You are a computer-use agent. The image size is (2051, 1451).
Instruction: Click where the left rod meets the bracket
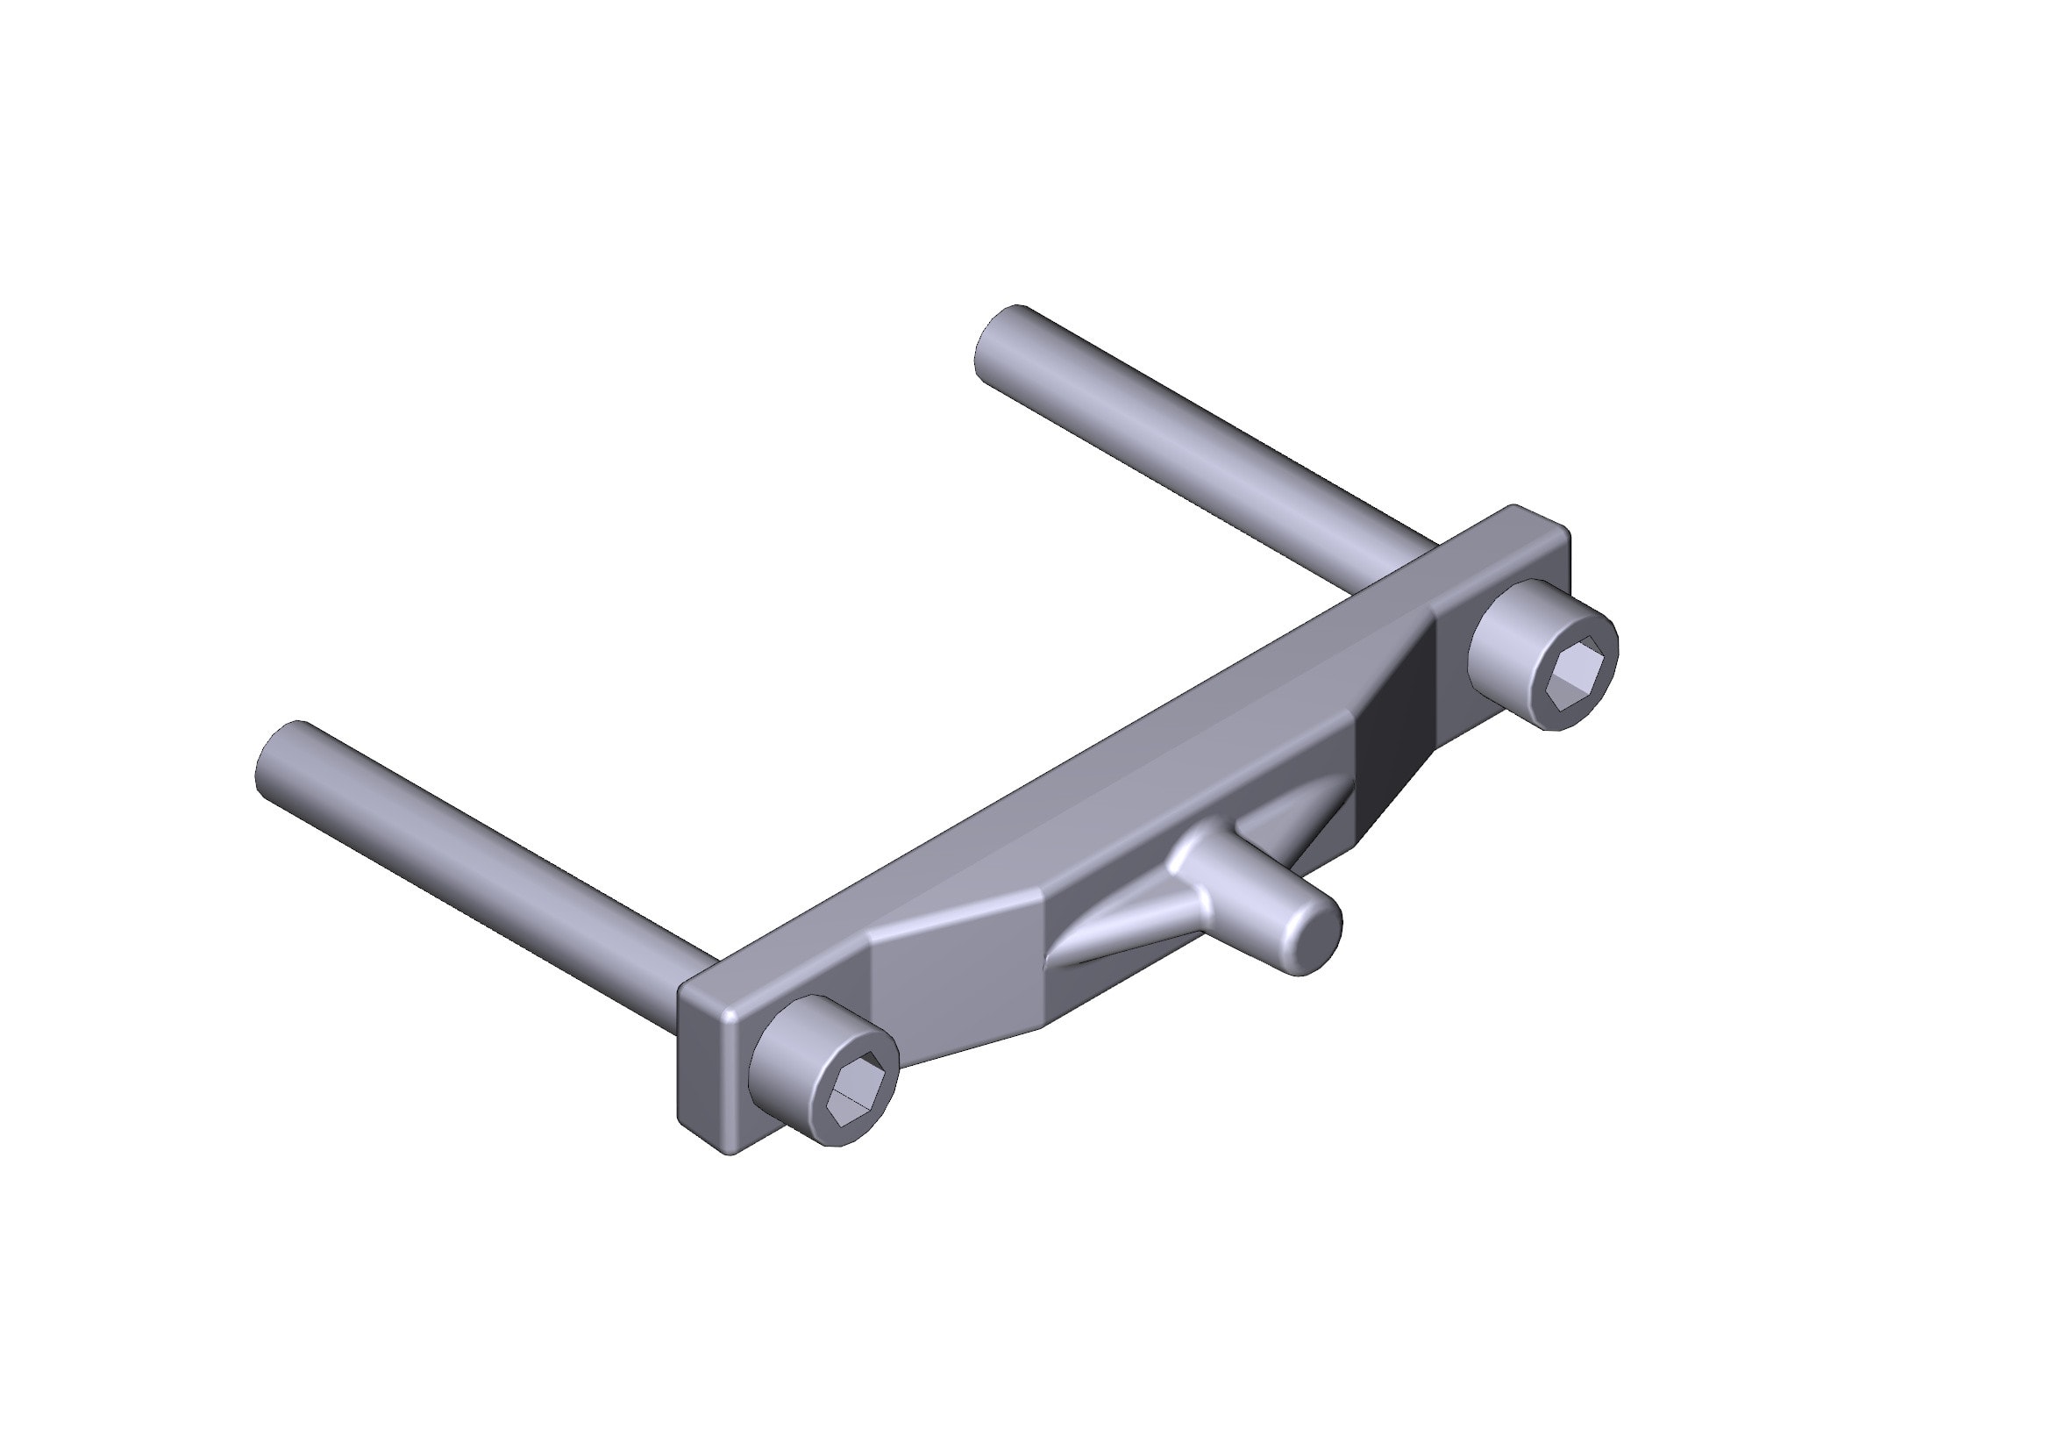pos(701,969)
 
